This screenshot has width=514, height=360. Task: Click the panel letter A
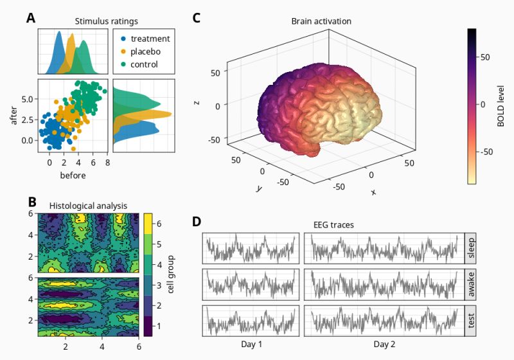[x=31, y=18]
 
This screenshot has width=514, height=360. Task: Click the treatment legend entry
[x=145, y=39]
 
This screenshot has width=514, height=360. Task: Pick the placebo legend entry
[x=141, y=51]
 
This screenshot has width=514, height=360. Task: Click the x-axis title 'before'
[x=73, y=175]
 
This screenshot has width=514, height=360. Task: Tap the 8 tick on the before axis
[x=107, y=163]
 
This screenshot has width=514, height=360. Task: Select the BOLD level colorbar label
[x=501, y=107]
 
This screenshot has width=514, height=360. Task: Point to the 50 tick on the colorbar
[x=486, y=57]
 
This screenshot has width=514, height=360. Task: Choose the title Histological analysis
[x=89, y=206]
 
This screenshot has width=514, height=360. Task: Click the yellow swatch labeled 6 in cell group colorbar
[x=147, y=223]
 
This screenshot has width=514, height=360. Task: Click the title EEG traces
[x=333, y=225]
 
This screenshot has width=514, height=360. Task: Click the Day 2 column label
[x=385, y=345]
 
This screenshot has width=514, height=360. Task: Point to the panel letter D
[x=197, y=222]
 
